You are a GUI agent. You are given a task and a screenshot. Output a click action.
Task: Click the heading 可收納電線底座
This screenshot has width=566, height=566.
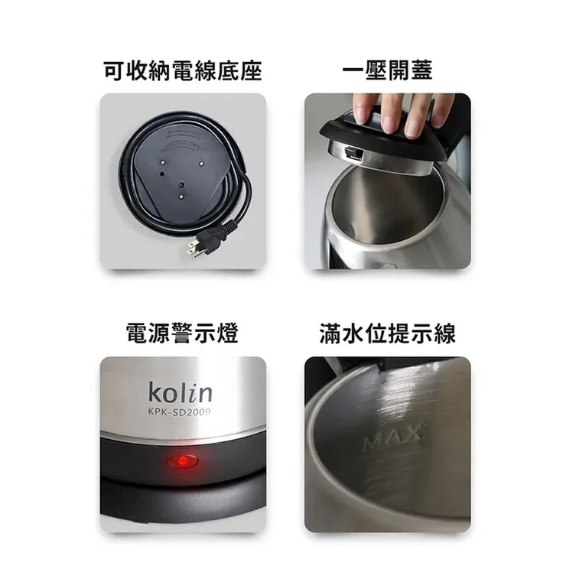pos(183,72)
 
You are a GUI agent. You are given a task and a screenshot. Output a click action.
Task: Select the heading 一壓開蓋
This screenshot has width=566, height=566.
pos(388,72)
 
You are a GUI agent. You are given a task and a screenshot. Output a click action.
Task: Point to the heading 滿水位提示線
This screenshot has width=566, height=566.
pos(388,334)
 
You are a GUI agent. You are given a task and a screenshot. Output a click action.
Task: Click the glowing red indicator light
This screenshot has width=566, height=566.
pos(182,462)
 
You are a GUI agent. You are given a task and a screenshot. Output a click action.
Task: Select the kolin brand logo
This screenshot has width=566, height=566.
pos(181,393)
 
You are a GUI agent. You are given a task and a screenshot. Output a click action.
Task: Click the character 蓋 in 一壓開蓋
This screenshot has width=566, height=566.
pos(421,72)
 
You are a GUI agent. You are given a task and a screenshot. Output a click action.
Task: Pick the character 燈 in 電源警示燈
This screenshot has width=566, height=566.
pos(227,334)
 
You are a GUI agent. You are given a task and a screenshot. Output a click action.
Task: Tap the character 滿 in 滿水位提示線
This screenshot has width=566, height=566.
pos(331,334)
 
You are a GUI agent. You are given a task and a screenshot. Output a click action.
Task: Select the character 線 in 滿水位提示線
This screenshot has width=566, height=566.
pos(444,334)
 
